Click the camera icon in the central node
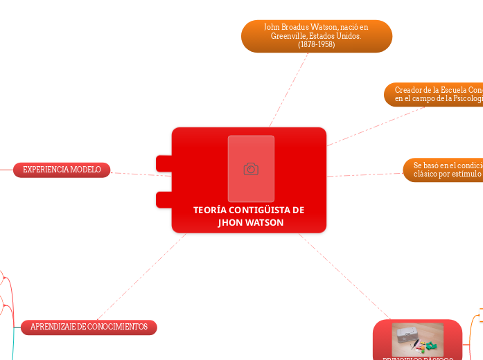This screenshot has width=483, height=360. [x=251, y=169]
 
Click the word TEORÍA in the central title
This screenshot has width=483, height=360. [x=209, y=210]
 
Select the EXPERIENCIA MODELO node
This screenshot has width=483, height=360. [x=62, y=170]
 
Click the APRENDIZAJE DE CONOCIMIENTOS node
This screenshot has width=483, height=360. [x=89, y=327]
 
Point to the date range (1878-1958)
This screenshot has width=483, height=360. [x=317, y=44]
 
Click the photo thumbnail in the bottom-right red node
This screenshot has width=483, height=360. [x=417, y=339]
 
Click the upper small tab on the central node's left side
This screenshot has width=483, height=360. [x=164, y=163]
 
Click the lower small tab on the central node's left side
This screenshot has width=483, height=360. [x=164, y=200]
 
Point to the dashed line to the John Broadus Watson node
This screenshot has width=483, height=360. [x=289, y=89]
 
